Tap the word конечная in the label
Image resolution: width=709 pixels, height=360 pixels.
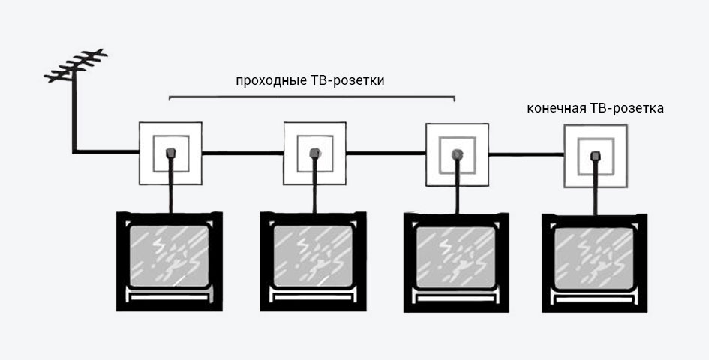click(557, 109)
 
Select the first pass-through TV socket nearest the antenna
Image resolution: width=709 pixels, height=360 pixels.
click(170, 153)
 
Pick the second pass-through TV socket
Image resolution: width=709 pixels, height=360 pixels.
click(314, 153)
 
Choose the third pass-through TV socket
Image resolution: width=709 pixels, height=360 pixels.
click(457, 154)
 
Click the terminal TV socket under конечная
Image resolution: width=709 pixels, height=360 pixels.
click(596, 156)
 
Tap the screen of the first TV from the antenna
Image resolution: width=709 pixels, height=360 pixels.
click(169, 256)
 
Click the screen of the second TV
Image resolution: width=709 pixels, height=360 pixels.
click(313, 256)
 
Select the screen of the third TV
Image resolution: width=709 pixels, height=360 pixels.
click(456, 257)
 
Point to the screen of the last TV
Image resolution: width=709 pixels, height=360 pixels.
click(594, 259)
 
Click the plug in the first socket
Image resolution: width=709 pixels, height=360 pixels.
click(170, 153)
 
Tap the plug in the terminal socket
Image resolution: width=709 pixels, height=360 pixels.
click(596, 157)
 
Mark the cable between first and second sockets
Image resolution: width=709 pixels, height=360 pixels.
click(243, 153)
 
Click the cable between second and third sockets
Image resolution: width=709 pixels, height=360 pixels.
click(386, 154)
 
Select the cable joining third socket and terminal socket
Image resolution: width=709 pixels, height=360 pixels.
click(527, 154)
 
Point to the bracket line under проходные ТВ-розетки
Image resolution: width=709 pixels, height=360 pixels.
click(311, 97)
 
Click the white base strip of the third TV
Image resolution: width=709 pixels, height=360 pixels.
click(457, 298)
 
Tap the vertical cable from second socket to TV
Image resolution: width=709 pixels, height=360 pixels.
click(314, 185)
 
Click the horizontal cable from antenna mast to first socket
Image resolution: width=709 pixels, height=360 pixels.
click(106, 152)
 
